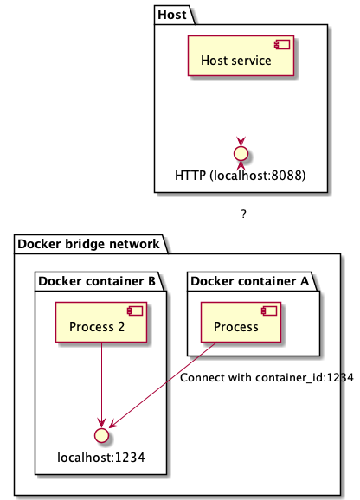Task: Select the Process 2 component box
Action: point(102,326)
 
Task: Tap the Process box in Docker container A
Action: point(241,326)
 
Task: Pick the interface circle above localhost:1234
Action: point(102,433)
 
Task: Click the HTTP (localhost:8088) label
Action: point(241,176)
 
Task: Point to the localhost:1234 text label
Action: point(102,454)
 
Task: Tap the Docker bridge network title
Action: point(89,244)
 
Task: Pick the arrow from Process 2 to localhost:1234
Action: point(102,385)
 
